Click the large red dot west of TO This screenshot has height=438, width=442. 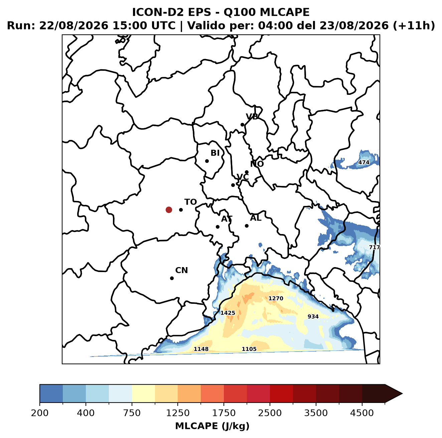169,210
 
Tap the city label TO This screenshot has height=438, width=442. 190,202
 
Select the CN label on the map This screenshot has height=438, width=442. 181,270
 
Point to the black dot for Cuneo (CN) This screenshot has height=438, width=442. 172,278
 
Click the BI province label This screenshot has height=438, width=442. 215,153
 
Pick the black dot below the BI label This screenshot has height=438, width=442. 207,161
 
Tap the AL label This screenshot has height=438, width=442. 256,218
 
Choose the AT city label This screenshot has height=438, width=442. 227,219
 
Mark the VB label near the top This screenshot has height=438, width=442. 252,117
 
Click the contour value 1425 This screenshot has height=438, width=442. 228,313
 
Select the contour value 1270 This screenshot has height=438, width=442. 276,298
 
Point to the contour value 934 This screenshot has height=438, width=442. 313,316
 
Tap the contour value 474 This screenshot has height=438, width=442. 364,162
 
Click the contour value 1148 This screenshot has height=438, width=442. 201,349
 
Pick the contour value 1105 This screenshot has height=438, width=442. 249,349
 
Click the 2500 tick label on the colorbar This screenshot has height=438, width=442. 270,413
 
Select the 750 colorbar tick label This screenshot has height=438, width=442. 132,413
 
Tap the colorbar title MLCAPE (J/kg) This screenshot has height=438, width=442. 212,426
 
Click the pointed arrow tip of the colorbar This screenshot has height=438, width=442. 402,394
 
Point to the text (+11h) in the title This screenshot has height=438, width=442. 414,25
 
